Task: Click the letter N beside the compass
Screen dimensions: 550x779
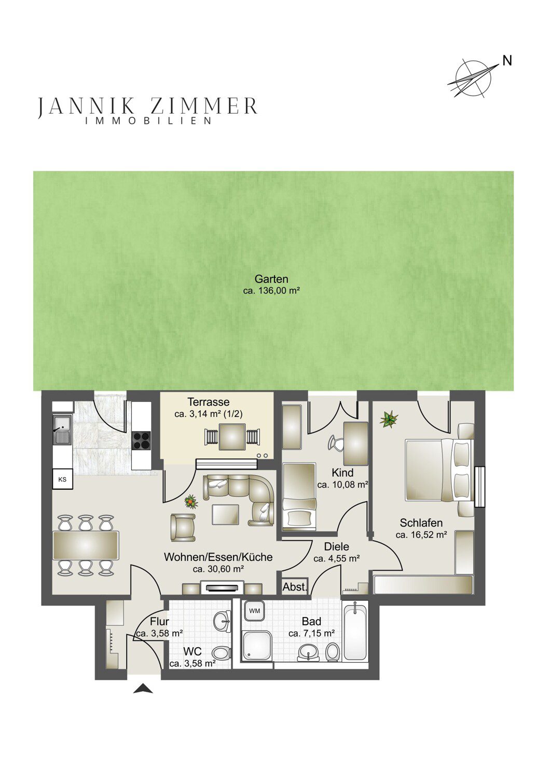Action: pos(507,61)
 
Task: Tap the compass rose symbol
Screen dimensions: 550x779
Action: pos(473,78)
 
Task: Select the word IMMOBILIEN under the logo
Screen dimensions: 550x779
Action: pos(148,121)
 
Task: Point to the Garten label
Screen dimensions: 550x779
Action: pos(271,279)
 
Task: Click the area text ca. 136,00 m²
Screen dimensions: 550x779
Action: pos(271,291)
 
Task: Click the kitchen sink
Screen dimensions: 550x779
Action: pos(62,431)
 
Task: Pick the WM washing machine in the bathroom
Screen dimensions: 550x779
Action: pos(255,621)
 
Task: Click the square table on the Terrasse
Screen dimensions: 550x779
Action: pos(231,436)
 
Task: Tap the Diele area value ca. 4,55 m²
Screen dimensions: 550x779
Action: pos(336,559)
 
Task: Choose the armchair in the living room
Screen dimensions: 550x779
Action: pos(183,527)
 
